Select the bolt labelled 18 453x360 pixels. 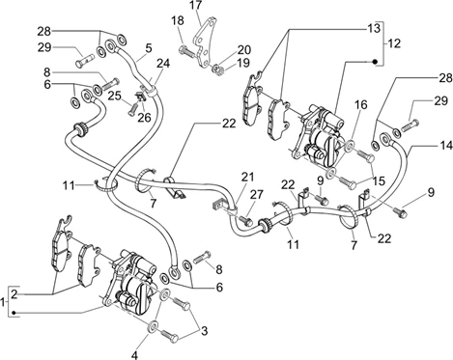pyautogui.click(x=186, y=50)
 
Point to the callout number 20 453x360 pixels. pyautogui.click(x=244, y=50)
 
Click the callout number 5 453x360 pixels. pyautogui.click(x=149, y=48)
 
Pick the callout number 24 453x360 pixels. pyautogui.click(x=163, y=63)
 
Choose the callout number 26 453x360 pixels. pyautogui.click(x=144, y=118)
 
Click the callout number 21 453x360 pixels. pyautogui.click(x=247, y=177)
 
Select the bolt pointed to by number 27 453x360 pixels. pyautogui.click(x=246, y=221)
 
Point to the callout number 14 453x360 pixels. pyautogui.click(x=446, y=146)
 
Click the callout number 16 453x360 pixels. pyautogui.click(x=361, y=104)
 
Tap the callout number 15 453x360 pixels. pyautogui.click(x=379, y=180)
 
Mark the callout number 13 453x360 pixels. pyautogui.click(x=374, y=28)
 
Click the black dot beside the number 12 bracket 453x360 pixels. pyautogui.click(x=375, y=62)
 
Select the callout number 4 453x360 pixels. pyautogui.click(x=135, y=355)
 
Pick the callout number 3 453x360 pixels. pyautogui.click(x=204, y=331)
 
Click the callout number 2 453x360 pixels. pyautogui.click(x=14, y=293)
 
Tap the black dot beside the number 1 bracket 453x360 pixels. pyautogui.click(x=14, y=313)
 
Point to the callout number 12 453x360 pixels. pyautogui.click(x=394, y=43)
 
